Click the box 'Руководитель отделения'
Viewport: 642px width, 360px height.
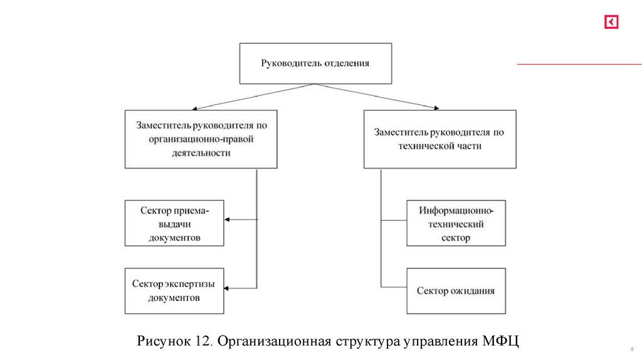click(315, 63)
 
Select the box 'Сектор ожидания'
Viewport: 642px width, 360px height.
click(456, 291)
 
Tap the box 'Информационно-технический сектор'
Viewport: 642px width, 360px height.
click(456, 223)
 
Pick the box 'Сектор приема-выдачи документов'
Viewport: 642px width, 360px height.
click(174, 223)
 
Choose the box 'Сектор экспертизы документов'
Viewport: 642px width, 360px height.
click(174, 291)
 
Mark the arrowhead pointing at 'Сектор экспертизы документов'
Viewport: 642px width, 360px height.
click(228, 288)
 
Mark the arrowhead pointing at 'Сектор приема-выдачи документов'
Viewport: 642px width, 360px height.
click(228, 220)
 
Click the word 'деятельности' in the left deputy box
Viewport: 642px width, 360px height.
click(200, 152)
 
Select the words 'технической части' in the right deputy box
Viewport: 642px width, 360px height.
click(439, 146)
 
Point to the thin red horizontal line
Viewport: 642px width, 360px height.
click(579, 65)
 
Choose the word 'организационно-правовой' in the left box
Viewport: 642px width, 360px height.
click(201, 139)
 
